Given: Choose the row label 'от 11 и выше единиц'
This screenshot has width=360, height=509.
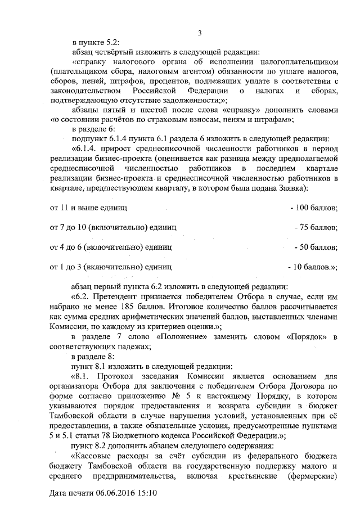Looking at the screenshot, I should click(x=88, y=208).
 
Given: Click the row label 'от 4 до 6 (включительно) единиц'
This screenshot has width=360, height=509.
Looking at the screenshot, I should click(x=111, y=246).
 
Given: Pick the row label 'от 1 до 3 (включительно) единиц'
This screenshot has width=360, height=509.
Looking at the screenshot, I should click(x=111, y=265).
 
